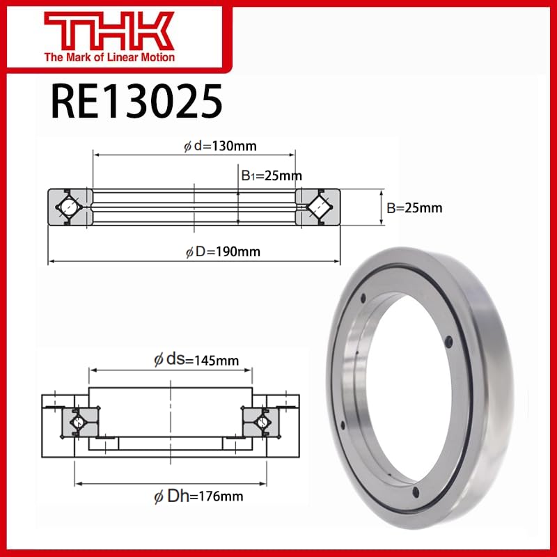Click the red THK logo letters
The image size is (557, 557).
point(109,29)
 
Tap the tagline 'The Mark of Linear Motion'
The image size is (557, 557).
point(109,57)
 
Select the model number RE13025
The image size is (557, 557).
point(136,102)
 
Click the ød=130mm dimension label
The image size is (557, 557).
point(221,146)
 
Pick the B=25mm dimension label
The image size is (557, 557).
point(414,207)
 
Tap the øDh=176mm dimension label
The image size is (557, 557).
point(198,496)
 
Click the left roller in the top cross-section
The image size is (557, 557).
point(70,207)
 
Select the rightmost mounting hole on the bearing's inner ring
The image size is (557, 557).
point(450,340)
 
